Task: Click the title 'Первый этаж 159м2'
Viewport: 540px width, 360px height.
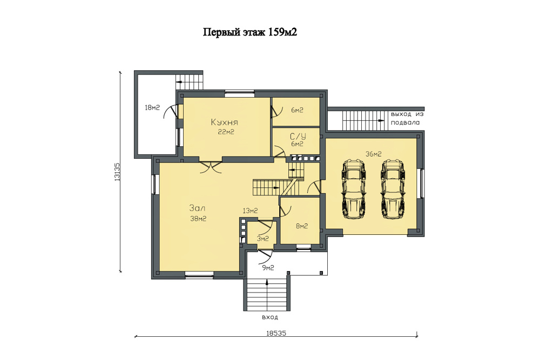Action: coord(250,33)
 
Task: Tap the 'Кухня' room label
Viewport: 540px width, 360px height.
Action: coord(225,122)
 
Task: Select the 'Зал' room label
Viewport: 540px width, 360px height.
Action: coord(197,208)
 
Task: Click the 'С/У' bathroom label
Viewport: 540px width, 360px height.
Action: coord(298,137)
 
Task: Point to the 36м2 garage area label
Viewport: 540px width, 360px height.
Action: coord(373,154)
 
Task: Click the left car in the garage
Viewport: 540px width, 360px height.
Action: coord(353,189)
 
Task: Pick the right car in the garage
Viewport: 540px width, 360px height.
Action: coord(392,189)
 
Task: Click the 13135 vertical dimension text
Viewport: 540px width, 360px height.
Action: coord(117,172)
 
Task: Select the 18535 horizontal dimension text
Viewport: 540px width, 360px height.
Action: coord(276,333)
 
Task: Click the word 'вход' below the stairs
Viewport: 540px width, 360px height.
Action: coord(269,317)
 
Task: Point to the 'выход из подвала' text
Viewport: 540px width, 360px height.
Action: coord(407,118)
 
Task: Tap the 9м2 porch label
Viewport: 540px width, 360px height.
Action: coord(268,268)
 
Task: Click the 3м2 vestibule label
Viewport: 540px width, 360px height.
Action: coord(263,239)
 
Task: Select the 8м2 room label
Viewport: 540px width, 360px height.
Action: coord(302,226)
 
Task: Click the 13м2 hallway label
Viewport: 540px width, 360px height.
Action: coord(250,210)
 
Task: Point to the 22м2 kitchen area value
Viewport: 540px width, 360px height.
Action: coord(226,132)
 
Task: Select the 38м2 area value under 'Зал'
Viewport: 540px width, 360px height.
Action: coord(198,219)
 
